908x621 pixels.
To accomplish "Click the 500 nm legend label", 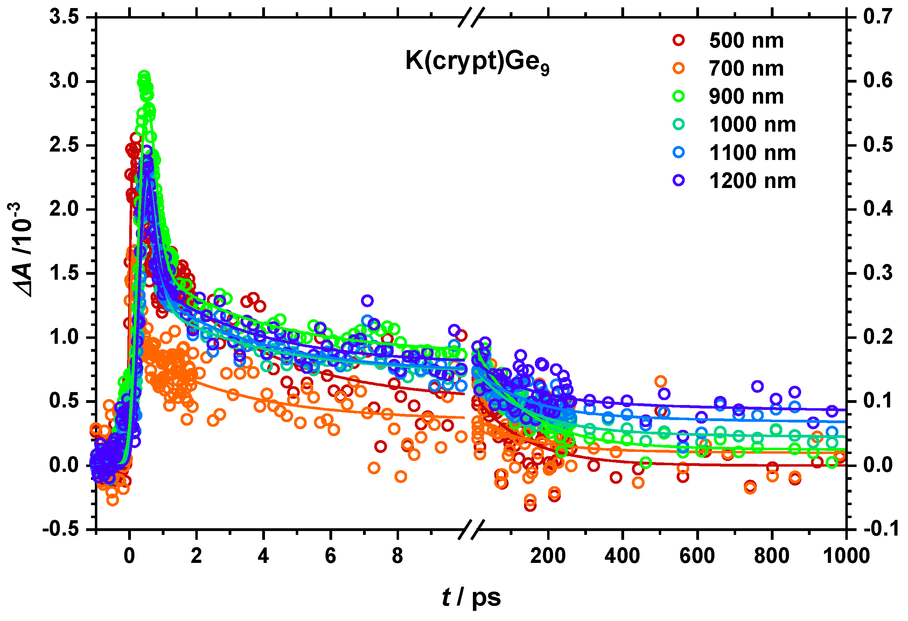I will [x=746, y=41].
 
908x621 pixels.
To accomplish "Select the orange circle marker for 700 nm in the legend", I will [x=679, y=68].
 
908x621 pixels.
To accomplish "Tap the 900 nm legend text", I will [x=746, y=97].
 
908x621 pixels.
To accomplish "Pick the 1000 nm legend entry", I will [x=752, y=125].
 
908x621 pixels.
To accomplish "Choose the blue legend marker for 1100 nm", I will [x=679, y=152].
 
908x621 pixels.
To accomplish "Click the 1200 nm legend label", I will [x=752, y=181].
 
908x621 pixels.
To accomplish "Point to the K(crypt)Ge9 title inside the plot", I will [x=477, y=62].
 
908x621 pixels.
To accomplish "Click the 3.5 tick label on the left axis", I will [x=64, y=17].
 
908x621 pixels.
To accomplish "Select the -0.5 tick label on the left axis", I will [x=61, y=530].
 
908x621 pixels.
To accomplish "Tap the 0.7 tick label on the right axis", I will [x=878, y=17].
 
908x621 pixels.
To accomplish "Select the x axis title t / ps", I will [x=471, y=597].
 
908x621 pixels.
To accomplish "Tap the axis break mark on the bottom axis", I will [x=471, y=530].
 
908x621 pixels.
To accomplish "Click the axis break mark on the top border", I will [x=471, y=18].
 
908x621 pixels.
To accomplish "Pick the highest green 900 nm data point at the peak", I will [x=144, y=76].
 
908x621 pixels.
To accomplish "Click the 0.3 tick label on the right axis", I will [x=878, y=273].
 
